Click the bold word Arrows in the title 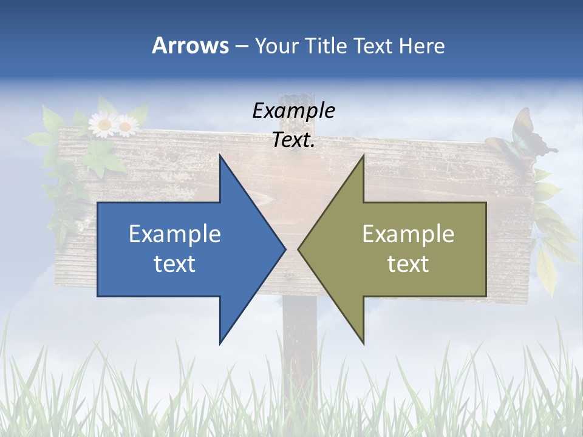(189, 46)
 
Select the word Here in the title (421, 46)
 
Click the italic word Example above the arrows (293, 110)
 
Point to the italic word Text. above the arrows (293, 140)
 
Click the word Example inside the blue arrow (175, 234)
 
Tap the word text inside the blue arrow (175, 263)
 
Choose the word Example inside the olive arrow (408, 234)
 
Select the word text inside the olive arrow (408, 263)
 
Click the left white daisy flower (103, 125)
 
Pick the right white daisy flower (126, 126)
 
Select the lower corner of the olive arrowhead (363, 342)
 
